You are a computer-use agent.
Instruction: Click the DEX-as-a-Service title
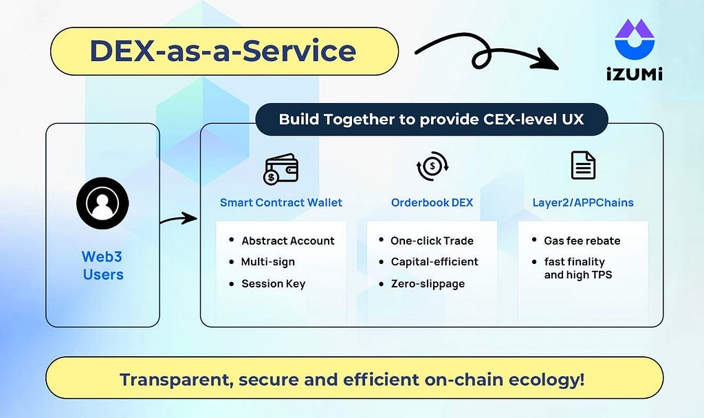tap(223, 51)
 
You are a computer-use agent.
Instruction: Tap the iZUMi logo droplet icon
tap(635, 39)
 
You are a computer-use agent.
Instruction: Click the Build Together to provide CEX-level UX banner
tap(432, 120)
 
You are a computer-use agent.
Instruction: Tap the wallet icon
tap(280, 169)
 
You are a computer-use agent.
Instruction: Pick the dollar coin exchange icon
tap(432, 166)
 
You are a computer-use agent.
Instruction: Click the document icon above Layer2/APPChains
tap(583, 165)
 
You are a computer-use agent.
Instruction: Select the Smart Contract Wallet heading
tap(281, 203)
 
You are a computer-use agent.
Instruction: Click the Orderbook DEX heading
tap(432, 203)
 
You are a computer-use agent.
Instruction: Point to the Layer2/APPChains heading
tap(583, 203)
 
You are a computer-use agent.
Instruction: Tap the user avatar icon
tap(102, 203)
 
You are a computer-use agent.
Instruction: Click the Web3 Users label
tap(103, 265)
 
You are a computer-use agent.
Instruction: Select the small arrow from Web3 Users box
tap(179, 219)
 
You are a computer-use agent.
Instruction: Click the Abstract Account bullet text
tap(288, 241)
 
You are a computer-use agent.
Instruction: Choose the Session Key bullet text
tap(274, 284)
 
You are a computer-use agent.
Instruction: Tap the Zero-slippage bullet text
tap(428, 284)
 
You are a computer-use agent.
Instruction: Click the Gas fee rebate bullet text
tap(582, 241)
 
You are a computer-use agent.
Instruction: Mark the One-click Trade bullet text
tap(432, 241)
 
